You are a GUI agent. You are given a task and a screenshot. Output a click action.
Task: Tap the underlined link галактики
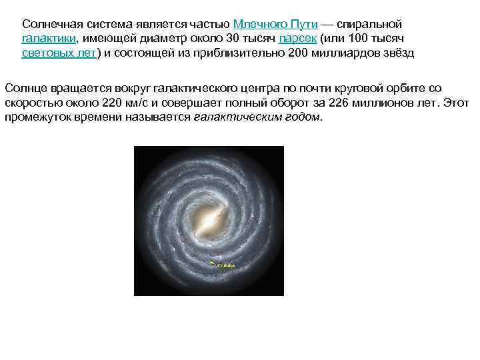pos(49,39)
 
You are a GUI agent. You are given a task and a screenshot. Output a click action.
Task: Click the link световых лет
pos(59,54)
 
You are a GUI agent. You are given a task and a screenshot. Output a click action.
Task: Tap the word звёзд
pos(396,54)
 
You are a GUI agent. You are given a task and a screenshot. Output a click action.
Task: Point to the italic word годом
pos(305,118)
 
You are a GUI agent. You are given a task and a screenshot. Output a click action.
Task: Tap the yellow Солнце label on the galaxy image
pos(225,265)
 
